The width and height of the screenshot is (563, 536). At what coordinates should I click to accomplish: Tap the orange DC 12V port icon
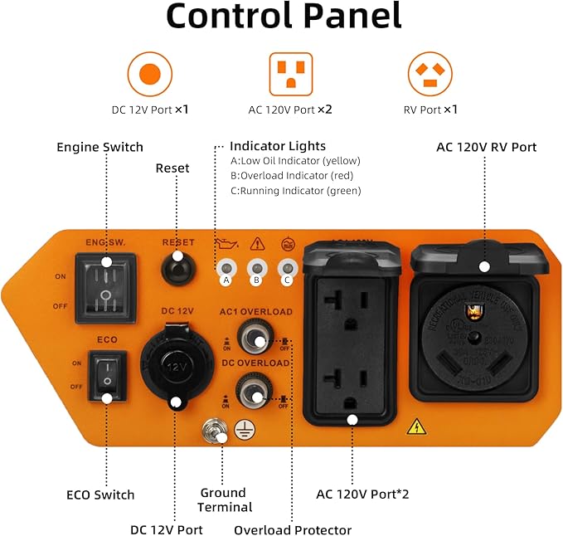tap(150, 73)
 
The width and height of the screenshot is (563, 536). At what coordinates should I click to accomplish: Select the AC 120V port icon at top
tap(290, 73)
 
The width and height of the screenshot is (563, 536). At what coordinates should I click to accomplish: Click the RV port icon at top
tap(430, 73)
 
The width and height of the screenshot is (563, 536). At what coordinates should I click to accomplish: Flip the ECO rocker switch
tap(106, 374)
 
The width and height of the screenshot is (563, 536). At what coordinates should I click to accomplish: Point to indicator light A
tap(225, 268)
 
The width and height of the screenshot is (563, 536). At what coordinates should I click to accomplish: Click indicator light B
tap(256, 268)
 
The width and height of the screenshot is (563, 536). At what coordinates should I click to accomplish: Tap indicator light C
tap(288, 268)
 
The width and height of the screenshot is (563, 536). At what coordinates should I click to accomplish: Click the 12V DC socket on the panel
tap(175, 364)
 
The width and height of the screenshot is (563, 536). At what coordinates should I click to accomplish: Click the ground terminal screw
tap(216, 431)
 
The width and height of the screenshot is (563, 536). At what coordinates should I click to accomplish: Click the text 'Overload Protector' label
tap(293, 529)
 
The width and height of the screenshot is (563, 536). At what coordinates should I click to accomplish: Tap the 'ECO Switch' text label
tap(100, 495)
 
